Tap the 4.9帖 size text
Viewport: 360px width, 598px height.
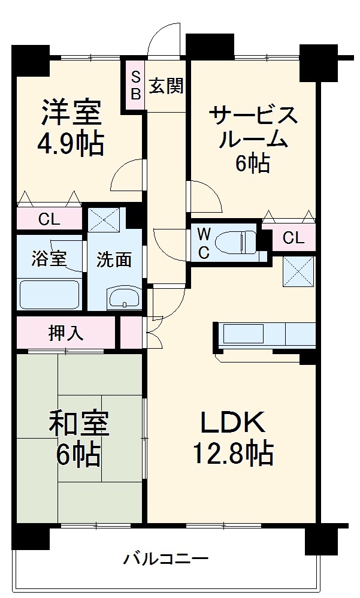click(x=71, y=143)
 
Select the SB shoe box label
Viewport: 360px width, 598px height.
click(x=135, y=86)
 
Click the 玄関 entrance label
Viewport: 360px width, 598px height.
click(x=166, y=87)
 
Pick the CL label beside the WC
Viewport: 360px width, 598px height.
click(x=294, y=238)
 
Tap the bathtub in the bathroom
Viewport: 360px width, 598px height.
click(x=49, y=294)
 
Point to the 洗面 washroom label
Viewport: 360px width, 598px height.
click(x=114, y=259)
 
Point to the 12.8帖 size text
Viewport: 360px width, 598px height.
click(x=232, y=453)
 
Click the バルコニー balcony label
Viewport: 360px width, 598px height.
click(x=166, y=560)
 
